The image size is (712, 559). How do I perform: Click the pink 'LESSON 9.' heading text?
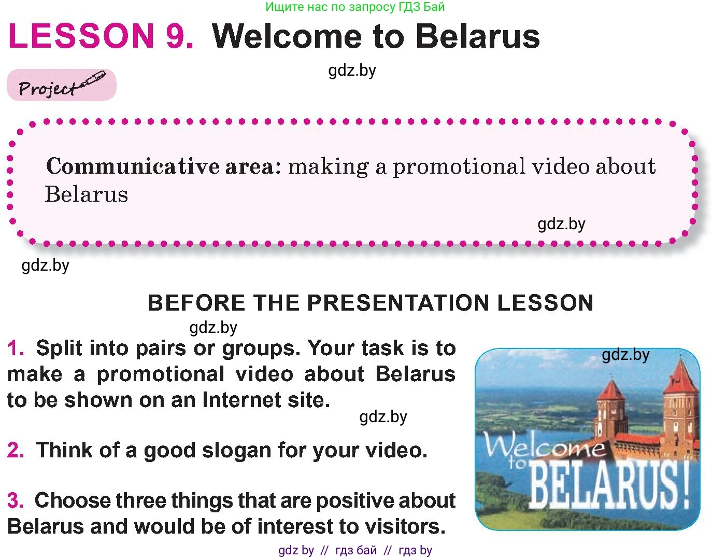(101, 36)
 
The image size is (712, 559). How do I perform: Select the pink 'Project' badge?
(62, 85)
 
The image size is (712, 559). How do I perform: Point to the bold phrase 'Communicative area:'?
(164, 166)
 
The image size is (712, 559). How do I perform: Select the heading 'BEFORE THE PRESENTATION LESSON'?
(371, 302)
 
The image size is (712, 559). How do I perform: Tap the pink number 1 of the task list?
(15, 348)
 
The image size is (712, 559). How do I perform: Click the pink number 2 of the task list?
(16, 450)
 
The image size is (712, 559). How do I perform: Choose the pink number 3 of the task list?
(16, 500)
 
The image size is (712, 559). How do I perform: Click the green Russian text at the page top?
(355, 7)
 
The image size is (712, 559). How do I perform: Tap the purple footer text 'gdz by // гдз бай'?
(327, 550)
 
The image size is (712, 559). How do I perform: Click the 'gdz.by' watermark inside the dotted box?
(561, 225)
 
